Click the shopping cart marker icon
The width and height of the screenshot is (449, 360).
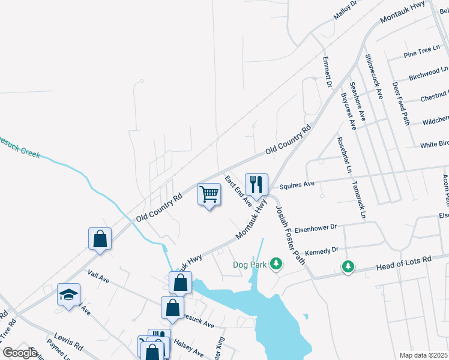[x=209, y=194]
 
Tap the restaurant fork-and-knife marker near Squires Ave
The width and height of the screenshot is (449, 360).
[x=256, y=185]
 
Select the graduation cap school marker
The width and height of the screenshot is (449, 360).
[x=68, y=295]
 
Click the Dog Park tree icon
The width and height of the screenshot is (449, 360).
[x=276, y=263]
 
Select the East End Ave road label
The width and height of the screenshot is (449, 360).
[x=238, y=190]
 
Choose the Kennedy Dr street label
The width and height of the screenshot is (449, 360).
[x=322, y=250]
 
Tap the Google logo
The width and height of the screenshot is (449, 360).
[x=20, y=353]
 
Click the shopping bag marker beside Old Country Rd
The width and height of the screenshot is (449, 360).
[x=100, y=239]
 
